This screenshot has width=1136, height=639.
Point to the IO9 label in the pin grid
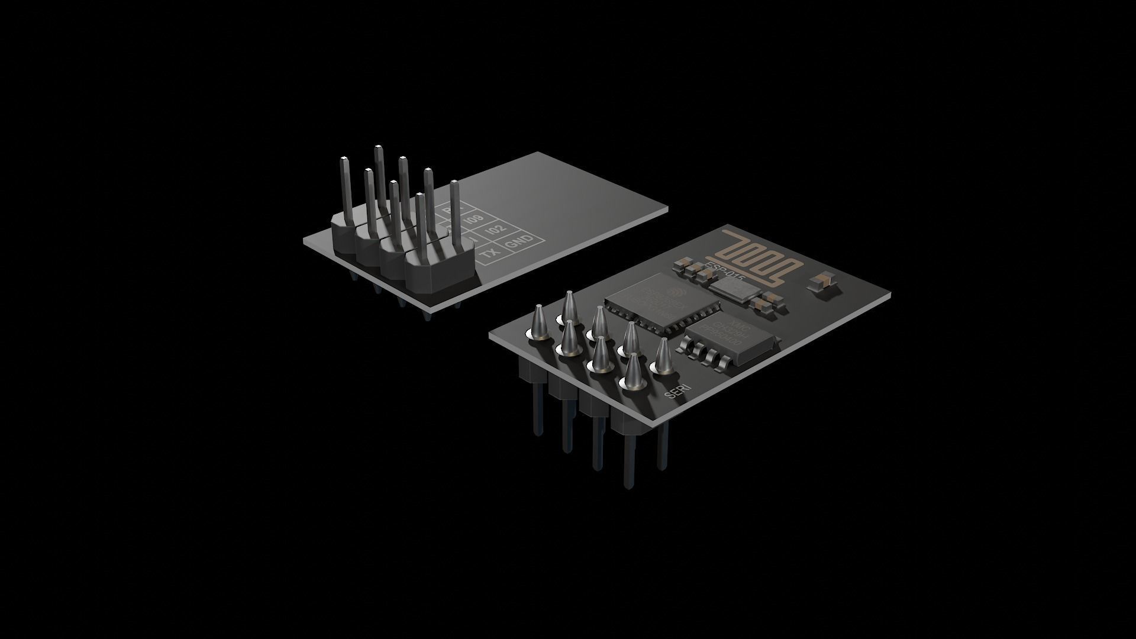tap(472, 220)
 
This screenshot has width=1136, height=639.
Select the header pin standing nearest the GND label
tap(455, 213)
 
